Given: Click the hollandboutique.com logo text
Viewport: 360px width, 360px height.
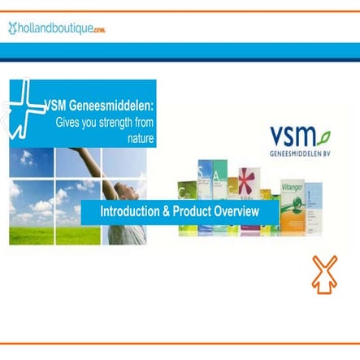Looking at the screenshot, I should pyautogui.click(x=61, y=28).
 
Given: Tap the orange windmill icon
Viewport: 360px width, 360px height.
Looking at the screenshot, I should pyautogui.click(x=324, y=274).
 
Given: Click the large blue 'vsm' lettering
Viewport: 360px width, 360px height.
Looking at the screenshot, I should pyautogui.click(x=289, y=136).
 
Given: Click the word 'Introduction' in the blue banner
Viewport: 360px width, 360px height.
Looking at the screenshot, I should pyautogui.click(x=130, y=211).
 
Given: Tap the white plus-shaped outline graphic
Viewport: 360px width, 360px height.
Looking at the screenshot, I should pyautogui.click(x=24, y=108).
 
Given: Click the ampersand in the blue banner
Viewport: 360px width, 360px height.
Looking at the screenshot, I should pyautogui.click(x=164, y=211).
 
